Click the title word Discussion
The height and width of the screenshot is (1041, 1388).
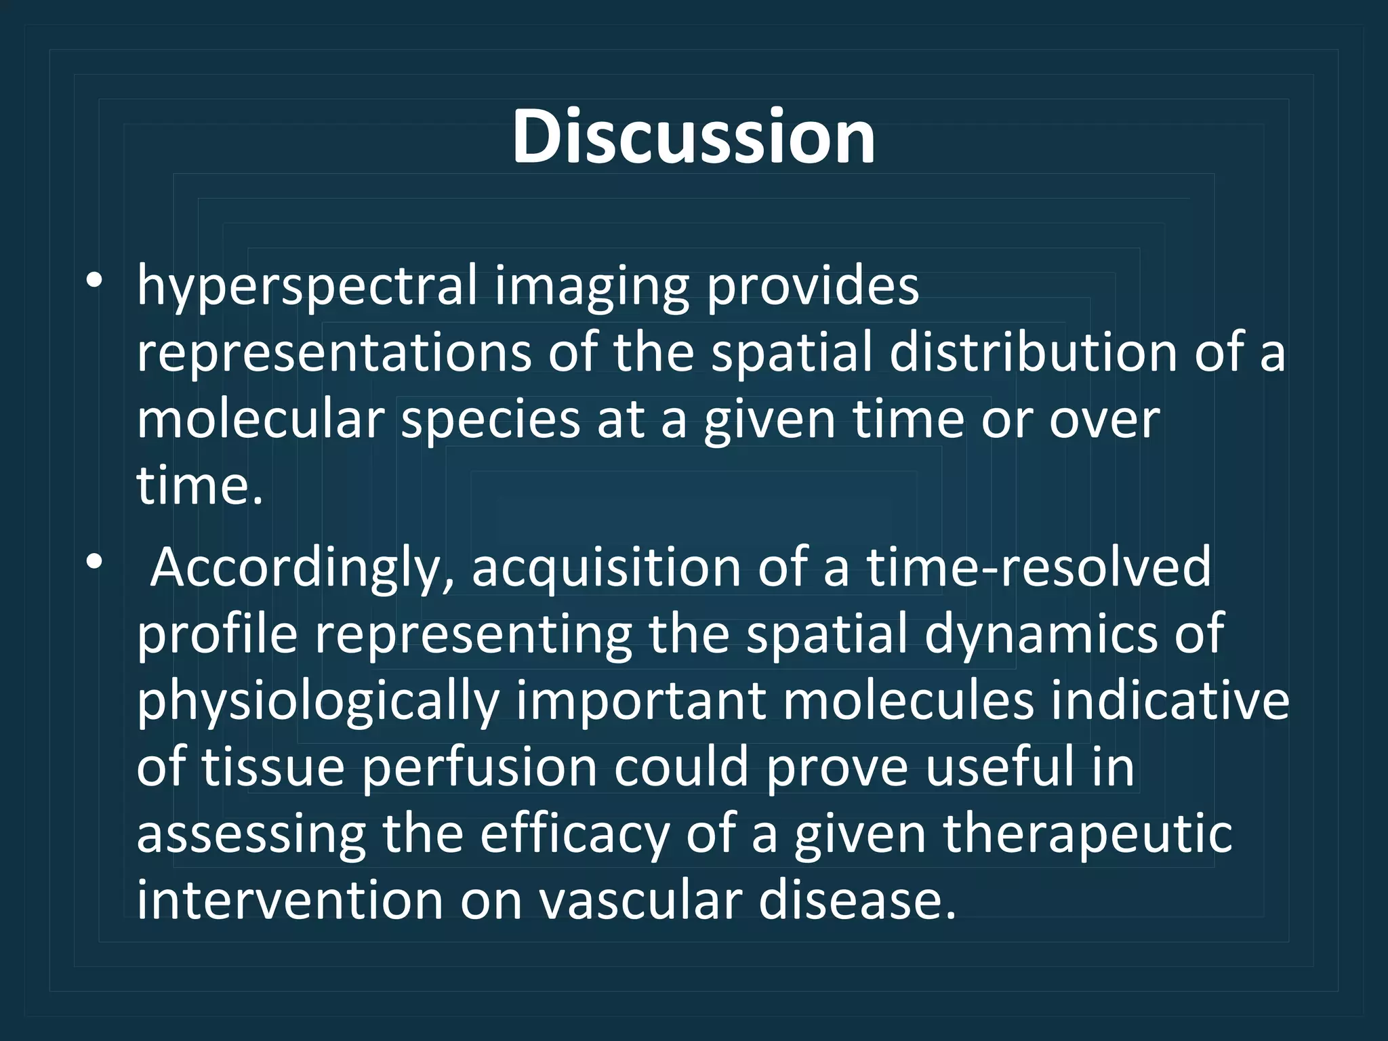click(693, 137)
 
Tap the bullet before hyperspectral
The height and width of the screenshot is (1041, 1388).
click(94, 280)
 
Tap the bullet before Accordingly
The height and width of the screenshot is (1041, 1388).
click(94, 561)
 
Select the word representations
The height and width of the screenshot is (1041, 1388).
click(334, 354)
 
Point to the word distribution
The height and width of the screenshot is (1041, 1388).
click(1033, 352)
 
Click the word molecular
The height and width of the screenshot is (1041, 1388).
click(261, 420)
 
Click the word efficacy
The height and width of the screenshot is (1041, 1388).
click(575, 835)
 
